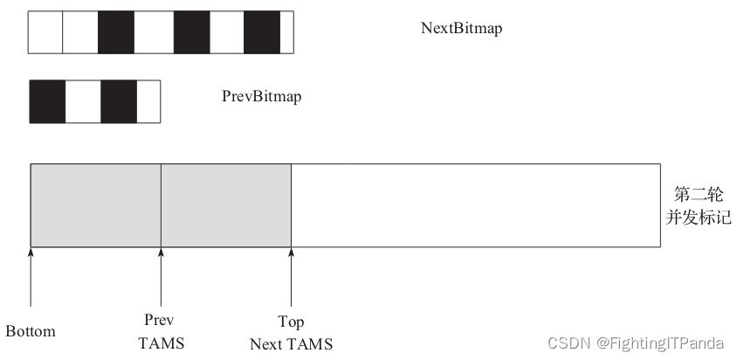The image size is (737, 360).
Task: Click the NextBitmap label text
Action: (x=461, y=28)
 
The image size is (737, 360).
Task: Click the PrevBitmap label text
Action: (x=261, y=96)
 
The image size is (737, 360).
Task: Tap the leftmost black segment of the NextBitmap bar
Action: (x=115, y=33)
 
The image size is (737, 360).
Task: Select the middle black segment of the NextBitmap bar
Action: (x=192, y=33)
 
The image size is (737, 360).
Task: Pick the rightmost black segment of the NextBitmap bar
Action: (x=261, y=33)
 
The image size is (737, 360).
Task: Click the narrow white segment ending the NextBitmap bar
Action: (x=286, y=33)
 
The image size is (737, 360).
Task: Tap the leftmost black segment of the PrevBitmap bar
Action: (x=48, y=100)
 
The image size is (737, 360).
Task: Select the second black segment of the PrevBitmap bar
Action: (x=119, y=100)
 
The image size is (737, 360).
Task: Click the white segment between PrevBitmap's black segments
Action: (x=83, y=100)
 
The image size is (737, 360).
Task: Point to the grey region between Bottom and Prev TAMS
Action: (x=95, y=204)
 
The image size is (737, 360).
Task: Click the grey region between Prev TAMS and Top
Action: (x=225, y=204)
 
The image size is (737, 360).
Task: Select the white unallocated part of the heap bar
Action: (x=475, y=204)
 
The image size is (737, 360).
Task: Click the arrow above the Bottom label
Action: (x=31, y=276)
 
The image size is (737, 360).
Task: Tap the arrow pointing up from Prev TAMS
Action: (x=161, y=276)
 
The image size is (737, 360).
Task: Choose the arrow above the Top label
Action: (x=291, y=276)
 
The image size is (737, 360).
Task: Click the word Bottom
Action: (x=31, y=332)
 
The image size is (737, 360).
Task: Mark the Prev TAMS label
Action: (x=162, y=332)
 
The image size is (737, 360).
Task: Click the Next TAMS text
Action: (x=291, y=344)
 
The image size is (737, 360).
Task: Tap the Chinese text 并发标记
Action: (x=698, y=215)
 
